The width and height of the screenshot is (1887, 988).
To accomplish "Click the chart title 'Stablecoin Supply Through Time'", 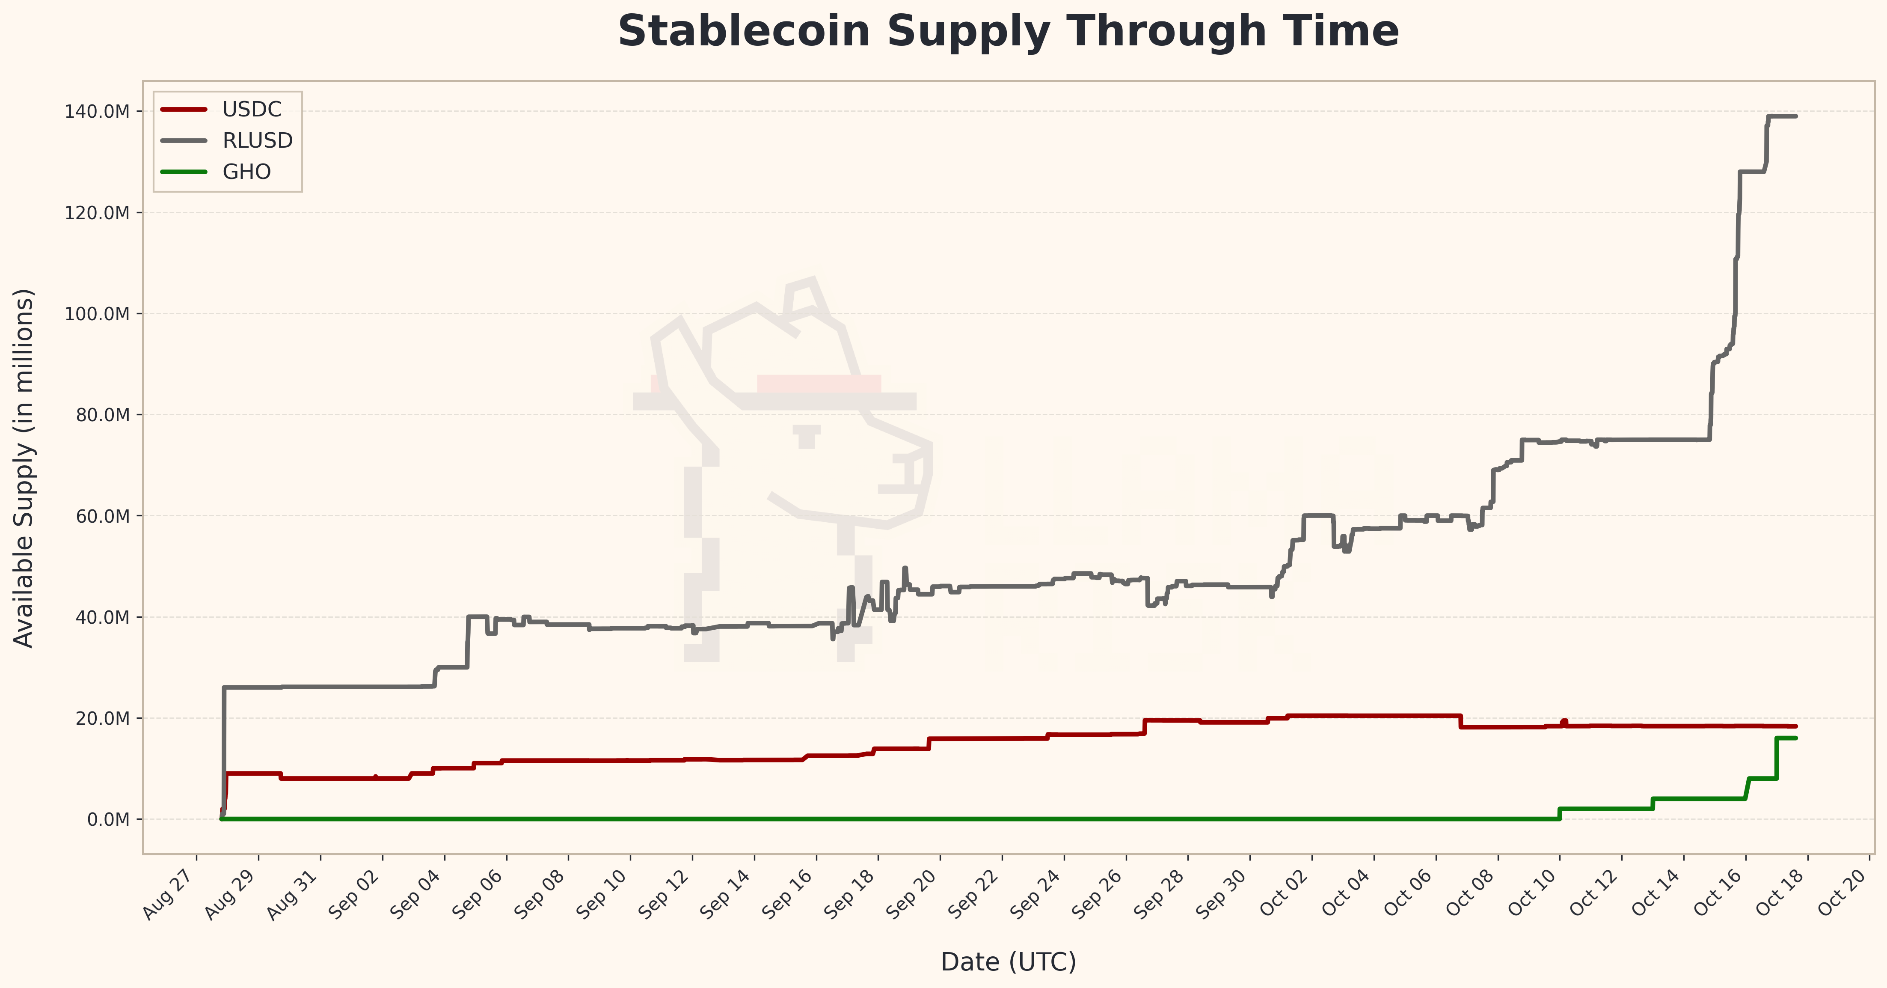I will click(1008, 32).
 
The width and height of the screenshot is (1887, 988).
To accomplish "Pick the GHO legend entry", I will click(246, 172).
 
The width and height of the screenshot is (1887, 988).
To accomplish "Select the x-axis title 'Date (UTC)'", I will click(1008, 961).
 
